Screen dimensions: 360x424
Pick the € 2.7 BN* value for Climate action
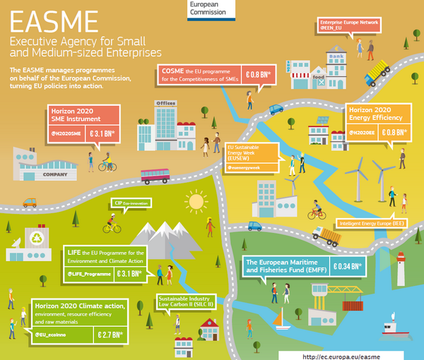[x=112, y=334]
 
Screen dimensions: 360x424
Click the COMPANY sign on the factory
[x=54, y=174]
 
